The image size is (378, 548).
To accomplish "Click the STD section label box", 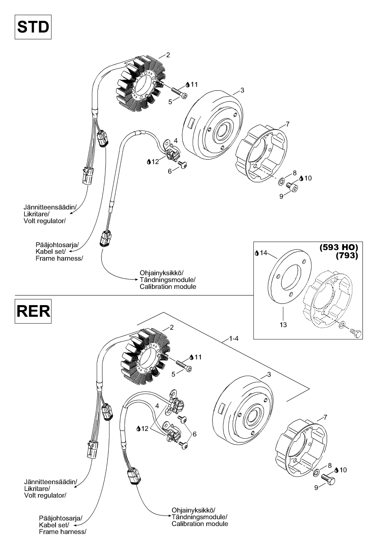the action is tap(33, 27).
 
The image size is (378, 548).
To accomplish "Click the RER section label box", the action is tap(33, 311).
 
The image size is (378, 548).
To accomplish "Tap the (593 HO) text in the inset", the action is tap(339, 247).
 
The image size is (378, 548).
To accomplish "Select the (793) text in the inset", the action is tap(347, 255).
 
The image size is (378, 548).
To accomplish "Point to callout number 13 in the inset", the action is tap(283, 325).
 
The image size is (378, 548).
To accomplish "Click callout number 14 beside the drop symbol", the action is tap(263, 253).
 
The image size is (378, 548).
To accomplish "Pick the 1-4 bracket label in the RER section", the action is tap(234, 339).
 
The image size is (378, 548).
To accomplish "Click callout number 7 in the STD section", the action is tap(288, 124).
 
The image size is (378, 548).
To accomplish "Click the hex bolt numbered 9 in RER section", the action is tap(328, 478).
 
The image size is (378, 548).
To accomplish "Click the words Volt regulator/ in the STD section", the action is tap(45, 221).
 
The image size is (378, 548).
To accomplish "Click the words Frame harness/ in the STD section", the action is tap(59, 258).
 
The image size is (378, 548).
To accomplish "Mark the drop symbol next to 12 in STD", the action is tap(149, 161).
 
